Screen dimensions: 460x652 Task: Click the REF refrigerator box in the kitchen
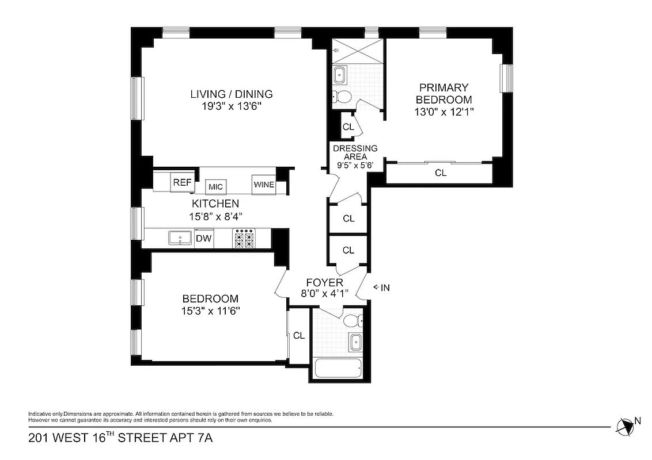point(182,183)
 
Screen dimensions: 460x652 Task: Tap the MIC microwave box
point(216,187)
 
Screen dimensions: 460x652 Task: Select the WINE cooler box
point(263,185)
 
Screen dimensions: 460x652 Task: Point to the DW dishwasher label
point(203,239)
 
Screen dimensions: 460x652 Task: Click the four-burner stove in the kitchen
point(243,239)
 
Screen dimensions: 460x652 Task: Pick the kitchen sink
point(180,238)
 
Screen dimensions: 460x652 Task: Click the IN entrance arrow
point(382,287)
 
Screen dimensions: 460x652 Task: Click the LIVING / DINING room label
point(232,94)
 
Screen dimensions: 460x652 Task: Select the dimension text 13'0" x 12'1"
point(443,112)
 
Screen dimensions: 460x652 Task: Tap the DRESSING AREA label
point(355,152)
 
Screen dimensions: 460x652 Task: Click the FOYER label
point(324,282)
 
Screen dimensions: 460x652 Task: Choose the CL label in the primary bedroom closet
point(441,172)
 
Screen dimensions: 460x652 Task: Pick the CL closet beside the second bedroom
point(298,336)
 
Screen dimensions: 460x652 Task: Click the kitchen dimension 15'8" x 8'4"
point(215,217)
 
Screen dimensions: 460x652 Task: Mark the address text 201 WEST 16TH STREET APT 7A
point(120,439)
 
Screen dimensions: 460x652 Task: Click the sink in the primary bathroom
point(340,74)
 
